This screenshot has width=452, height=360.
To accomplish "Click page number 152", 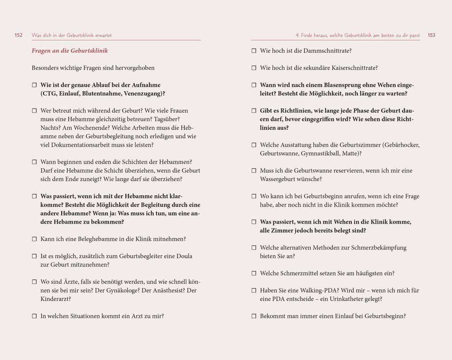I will tap(19, 35).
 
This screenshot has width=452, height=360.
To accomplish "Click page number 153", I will tap(431, 35).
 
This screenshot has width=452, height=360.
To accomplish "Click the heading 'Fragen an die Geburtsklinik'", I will tap(70, 51).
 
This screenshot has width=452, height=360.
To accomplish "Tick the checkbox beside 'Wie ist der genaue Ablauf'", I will tap(34, 85).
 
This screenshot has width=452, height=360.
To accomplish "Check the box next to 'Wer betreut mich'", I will tap(34, 111).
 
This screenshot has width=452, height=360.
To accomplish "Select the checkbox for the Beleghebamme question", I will tap(34, 239).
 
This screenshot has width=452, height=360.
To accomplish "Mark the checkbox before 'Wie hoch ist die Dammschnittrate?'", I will tap(254, 51).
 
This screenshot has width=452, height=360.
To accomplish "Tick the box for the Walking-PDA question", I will tap(254, 290).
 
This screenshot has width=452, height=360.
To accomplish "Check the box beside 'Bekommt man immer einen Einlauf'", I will tap(254, 316).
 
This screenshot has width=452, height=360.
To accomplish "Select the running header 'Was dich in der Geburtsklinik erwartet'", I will tap(72, 35).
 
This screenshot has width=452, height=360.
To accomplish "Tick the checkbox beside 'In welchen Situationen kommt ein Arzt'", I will tap(34, 316).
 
